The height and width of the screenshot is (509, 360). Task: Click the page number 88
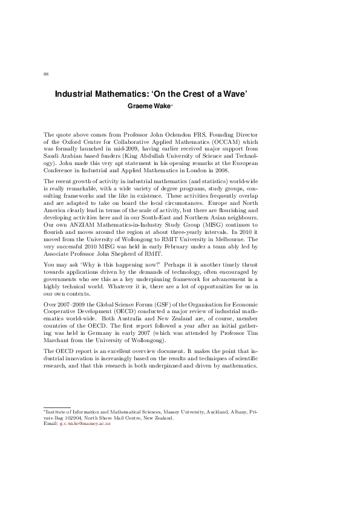pos(46,74)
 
